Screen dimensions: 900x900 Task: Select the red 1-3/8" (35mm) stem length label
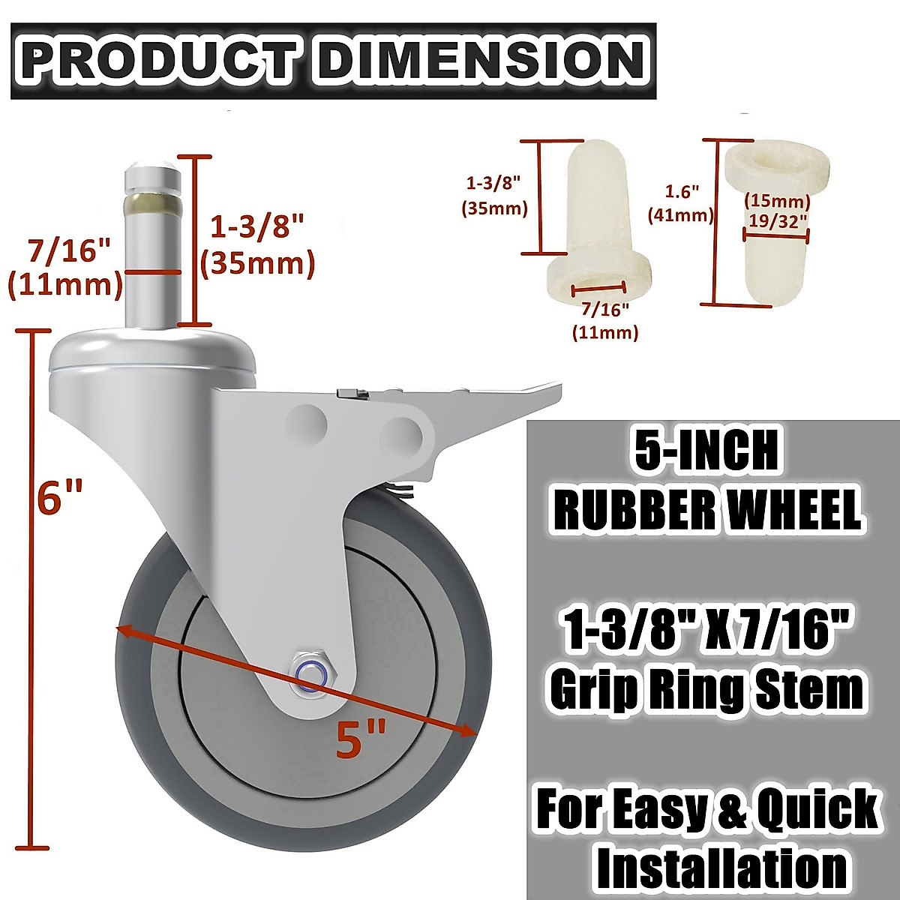pos(257,244)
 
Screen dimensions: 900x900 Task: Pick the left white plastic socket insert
pos(600,225)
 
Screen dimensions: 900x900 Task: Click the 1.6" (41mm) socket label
pos(681,203)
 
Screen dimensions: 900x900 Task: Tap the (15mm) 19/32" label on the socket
pos(777,211)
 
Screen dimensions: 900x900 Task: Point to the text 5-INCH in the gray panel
pos(706,451)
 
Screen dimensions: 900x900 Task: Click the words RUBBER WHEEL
pos(706,511)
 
